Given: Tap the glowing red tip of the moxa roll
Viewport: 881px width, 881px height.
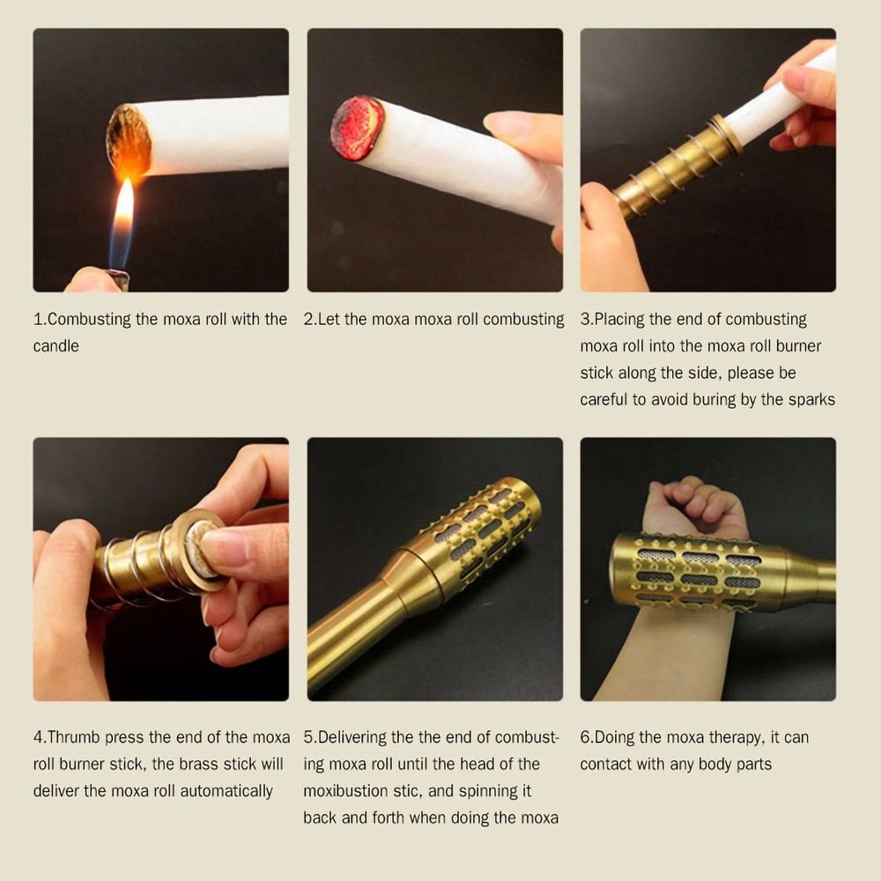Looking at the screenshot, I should [x=356, y=128].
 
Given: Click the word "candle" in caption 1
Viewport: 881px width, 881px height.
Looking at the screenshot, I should [x=56, y=346].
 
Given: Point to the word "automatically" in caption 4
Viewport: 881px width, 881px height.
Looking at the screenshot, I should [x=224, y=790].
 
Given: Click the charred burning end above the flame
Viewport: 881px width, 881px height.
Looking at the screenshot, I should [x=129, y=140].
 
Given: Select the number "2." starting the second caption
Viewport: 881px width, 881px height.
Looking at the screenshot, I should [x=310, y=319].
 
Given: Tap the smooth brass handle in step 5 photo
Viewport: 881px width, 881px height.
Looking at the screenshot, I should [x=352, y=634].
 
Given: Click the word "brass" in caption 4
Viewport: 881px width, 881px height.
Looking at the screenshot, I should [x=179, y=764].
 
